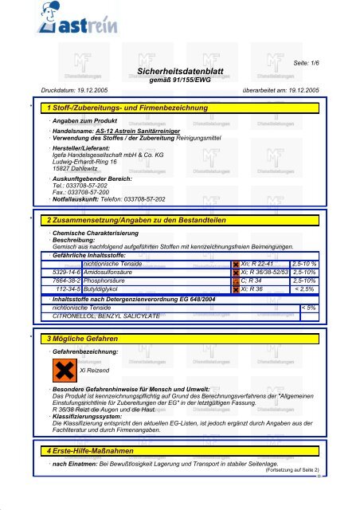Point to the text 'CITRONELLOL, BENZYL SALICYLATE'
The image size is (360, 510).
tap(108, 315)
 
